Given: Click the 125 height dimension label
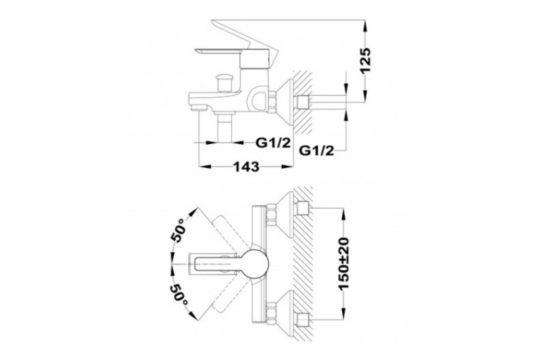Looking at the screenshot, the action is coord(365,60).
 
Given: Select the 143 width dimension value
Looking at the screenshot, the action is coord(247,166).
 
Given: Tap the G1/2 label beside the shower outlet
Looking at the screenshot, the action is coord(273,143).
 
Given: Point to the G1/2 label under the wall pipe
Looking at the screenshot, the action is coord(316,151).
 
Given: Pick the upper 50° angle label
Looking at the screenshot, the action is coord(178,230).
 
